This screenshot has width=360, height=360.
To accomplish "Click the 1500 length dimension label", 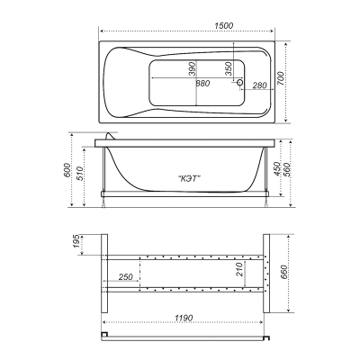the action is coord(224,26).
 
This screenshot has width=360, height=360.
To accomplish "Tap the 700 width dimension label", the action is coord(281,78).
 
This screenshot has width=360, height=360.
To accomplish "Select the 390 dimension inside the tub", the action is coord(193,68).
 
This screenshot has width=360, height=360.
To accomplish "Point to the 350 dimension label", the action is coord(228,68).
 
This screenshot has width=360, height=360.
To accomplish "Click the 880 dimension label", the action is coord(202,84).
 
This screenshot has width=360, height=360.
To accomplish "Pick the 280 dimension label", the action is coord(259,85).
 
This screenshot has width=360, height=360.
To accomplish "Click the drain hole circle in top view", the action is coord(240,82).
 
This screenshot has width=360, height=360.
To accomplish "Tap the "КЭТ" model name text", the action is coord(189,178).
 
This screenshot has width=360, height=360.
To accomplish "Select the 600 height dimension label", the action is coord(67,170).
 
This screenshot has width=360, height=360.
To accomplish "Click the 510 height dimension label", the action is coord(79,174).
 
